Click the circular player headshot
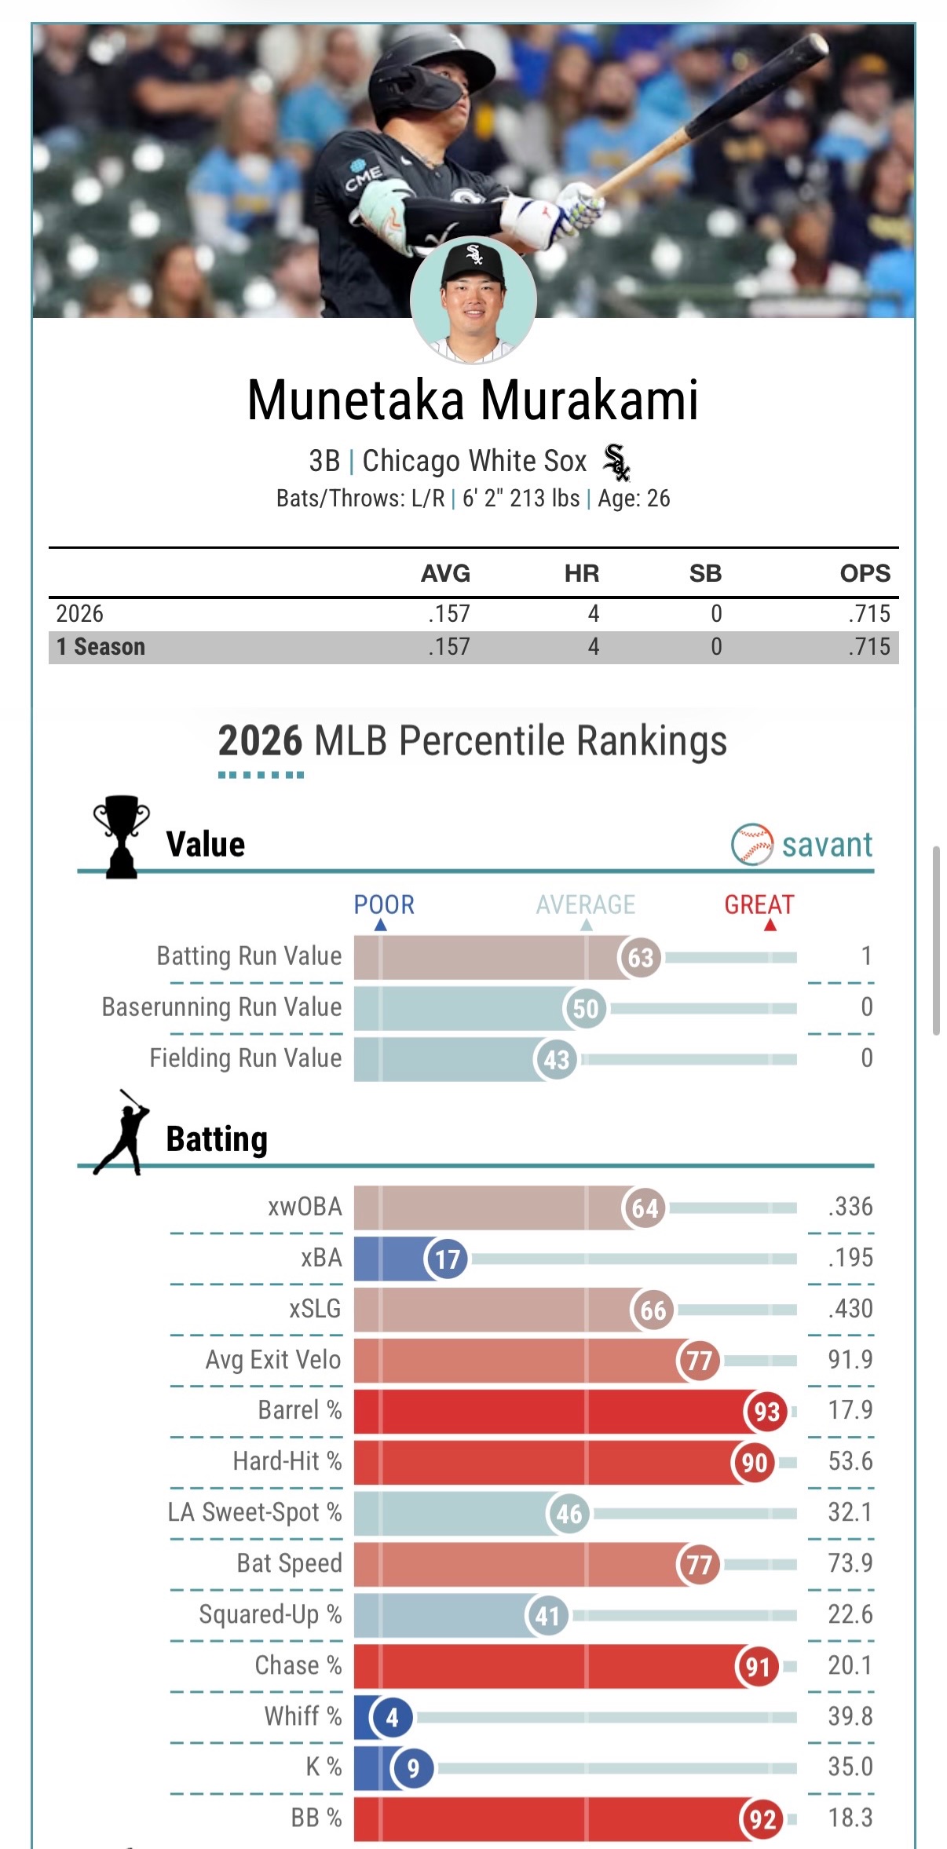(473, 301)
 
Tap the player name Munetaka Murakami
(473, 400)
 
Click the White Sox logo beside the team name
(616, 462)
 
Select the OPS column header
(865, 573)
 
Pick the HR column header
(581, 573)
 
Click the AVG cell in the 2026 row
(449, 613)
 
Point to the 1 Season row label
(101, 647)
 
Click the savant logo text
(826, 845)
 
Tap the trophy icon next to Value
(121, 837)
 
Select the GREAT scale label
(759, 905)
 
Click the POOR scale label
(383, 905)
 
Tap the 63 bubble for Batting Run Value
(640, 957)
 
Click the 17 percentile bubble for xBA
(447, 1259)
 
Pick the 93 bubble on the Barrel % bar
(766, 1412)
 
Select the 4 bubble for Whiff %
(392, 1717)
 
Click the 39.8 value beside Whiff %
(850, 1716)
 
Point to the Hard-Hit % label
(287, 1461)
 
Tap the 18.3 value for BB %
(850, 1818)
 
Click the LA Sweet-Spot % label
(254, 1512)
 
